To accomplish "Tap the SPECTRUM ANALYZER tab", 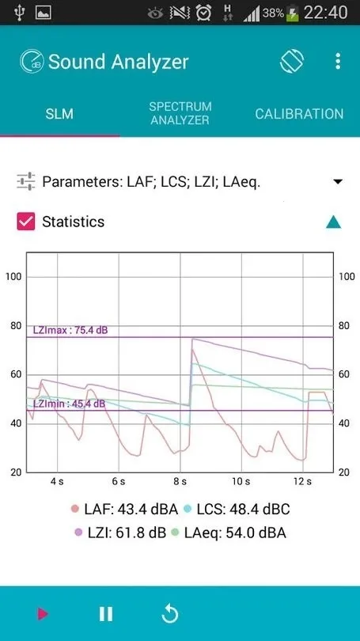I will tap(180, 113).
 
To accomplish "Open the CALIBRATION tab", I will tap(299, 114).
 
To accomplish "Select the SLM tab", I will tap(59, 114).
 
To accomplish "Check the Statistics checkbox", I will tap(26, 222).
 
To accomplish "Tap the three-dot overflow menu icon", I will tap(338, 62).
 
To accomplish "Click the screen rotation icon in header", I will tap(292, 62).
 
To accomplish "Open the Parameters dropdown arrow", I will tap(338, 182).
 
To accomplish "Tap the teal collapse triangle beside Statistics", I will tap(334, 222).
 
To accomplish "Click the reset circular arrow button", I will tap(169, 613).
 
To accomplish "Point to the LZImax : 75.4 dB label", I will tap(70, 330).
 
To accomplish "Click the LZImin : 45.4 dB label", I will tap(69, 404).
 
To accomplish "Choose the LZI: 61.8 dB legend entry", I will tap(119, 533).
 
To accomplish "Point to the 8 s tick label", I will tap(180, 480).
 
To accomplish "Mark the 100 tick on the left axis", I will tap(13, 276).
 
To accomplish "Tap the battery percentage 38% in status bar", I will tap(273, 13).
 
